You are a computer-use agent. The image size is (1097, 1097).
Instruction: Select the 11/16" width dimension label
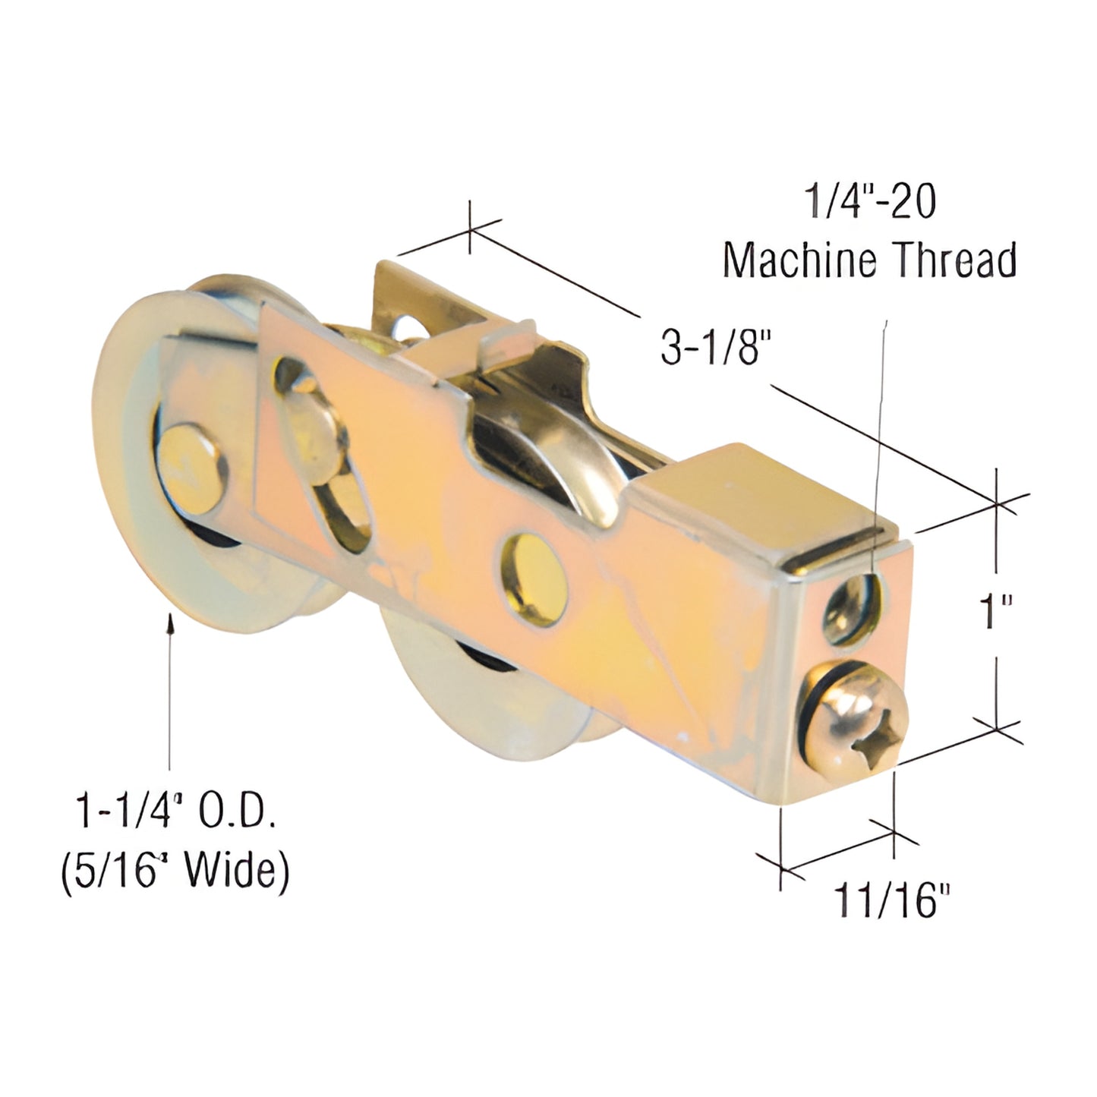pyautogui.click(x=891, y=900)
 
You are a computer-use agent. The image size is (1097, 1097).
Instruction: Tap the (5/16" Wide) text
pyautogui.click(x=175, y=873)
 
